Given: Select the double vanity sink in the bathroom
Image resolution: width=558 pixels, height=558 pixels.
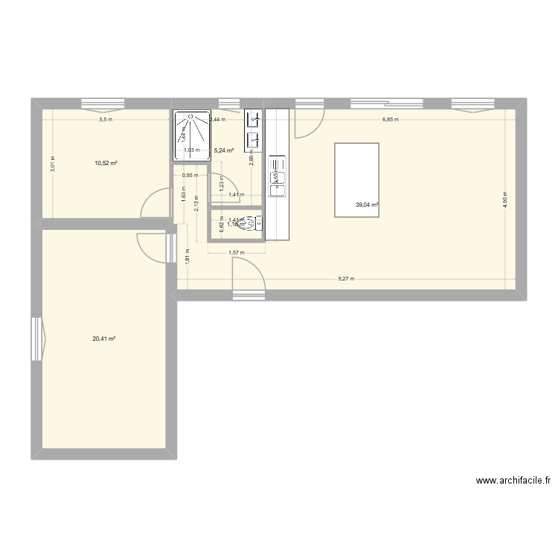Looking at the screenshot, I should pos(254,127).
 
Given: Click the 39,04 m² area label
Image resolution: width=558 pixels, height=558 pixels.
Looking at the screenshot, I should pos(367,205).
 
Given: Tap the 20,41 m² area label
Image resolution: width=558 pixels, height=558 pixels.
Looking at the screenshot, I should pos(104,339).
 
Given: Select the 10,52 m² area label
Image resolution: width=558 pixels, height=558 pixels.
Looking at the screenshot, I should pos(106,164).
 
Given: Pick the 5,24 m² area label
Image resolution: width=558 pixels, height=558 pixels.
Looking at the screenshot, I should pos(224,150).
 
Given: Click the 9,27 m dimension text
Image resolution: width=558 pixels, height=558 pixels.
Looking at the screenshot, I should pos(346,279).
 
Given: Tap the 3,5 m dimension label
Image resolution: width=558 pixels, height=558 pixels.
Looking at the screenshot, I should pos(106,119).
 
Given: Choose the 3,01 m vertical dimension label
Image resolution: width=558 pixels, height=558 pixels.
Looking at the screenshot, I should pos(52,163).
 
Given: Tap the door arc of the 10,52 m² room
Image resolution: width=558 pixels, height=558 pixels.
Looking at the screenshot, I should pos(154,204).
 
